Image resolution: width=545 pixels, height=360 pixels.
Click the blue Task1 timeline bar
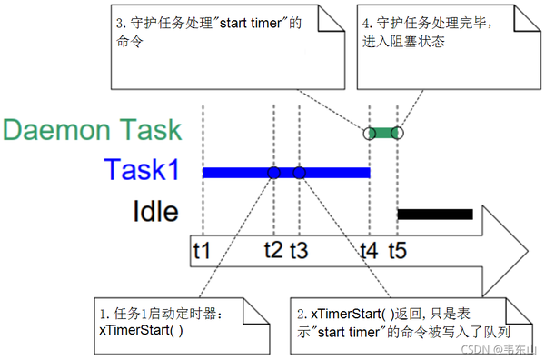pos(236,173)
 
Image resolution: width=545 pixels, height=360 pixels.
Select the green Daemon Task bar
pos(382,133)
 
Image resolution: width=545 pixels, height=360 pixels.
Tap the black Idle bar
pos(436,215)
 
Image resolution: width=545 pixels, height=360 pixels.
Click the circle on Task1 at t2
pos(273,173)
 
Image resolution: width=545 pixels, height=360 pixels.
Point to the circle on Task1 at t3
pos(299,173)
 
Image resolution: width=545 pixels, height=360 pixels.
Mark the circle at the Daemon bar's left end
pos(369,133)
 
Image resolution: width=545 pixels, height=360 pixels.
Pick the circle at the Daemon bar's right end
pos(397,133)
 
